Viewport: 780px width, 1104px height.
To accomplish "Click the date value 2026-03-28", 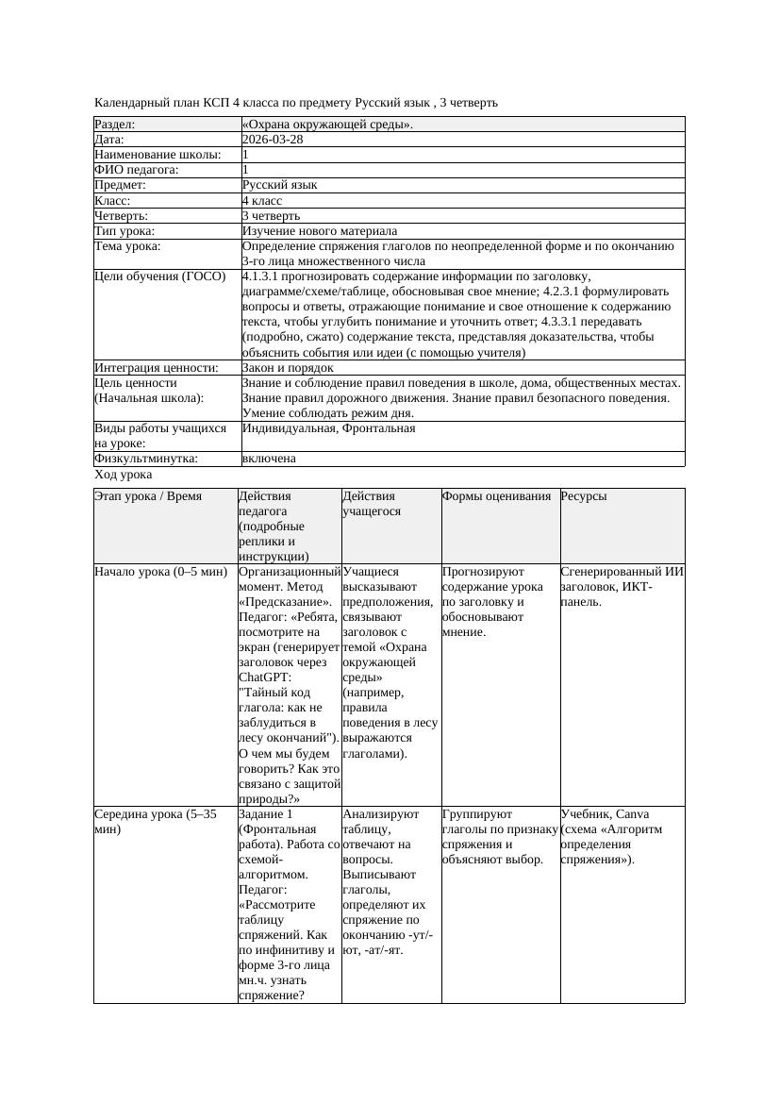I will pyautogui.click(x=273, y=140).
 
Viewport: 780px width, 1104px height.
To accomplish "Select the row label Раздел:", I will pyautogui.click(x=115, y=125).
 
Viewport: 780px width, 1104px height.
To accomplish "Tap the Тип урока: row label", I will pyautogui.click(x=124, y=231).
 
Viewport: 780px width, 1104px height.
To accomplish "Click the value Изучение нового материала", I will pyautogui.click(x=320, y=231).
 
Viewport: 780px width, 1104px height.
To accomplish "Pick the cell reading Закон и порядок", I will pyautogui.click(x=288, y=368).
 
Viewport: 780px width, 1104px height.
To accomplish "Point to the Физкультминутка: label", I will pyautogui.click(x=145, y=459).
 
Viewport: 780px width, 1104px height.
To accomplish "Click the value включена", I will pyautogui.click(x=269, y=459).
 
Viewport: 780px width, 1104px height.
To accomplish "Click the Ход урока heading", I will pyautogui.click(x=124, y=476).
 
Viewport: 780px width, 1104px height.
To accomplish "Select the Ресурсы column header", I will pyautogui.click(x=583, y=496).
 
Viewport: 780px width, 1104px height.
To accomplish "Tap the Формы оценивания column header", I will pyautogui.click(x=496, y=496).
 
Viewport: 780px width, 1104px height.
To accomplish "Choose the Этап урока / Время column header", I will pyautogui.click(x=148, y=496).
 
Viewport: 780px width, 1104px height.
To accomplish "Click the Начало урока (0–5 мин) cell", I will pyautogui.click(x=160, y=572).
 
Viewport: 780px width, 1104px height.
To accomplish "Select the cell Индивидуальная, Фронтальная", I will pyautogui.click(x=328, y=428).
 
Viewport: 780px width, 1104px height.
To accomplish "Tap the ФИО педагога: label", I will pyautogui.click(x=137, y=170).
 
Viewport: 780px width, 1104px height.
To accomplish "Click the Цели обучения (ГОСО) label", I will pyautogui.click(x=160, y=276).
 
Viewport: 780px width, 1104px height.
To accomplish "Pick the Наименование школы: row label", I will pyautogui.click(x=158, y=155).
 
